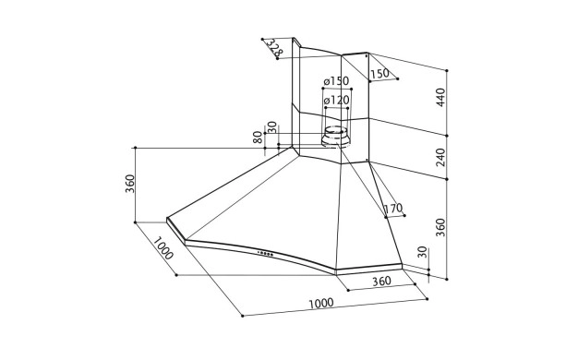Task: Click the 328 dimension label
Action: pyautogui.click(x=274, y=47)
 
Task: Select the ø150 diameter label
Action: pyautogui.click(x=336, y=80)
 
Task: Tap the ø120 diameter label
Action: pyautogui.click(x=337, y=100)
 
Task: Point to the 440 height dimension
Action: pyautogui.click(x=440, y=98)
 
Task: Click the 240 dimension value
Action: pyautogui.click(x=440, y=157)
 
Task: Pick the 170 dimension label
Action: pyautogui.click(x=393, y=209)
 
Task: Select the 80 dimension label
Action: pyautogui.click(x=258, y=137)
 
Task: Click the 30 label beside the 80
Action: pyautogui.click(x=271, y=127)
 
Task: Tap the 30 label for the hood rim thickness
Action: pyautogui.click(x=423, y=252)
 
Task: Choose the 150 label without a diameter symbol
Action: pyautogui.click(x=379, y=74)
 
